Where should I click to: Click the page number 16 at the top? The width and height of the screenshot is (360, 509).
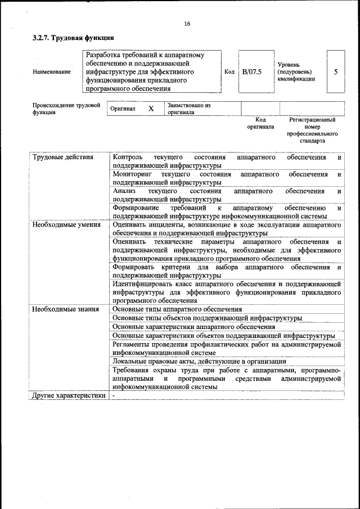pyautogui.click(x=187, y=24)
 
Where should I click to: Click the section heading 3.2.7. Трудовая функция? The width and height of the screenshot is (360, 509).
pyautogui.click(x=73, y=38)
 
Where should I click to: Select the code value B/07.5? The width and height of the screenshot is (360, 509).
pyautogui.click(x=252, y=72)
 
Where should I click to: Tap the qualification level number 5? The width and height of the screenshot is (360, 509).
pyautogui.click(x=336, y=72)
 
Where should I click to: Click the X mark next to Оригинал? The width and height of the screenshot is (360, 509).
pyautogui.click(x=151, y=109)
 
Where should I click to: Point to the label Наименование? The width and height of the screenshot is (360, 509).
pyautogui.click(x=51, y=72)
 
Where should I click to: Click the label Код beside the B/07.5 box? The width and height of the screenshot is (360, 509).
pyautogui.click(x=229, y=72)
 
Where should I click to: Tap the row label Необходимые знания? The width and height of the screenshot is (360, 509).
pyautogui.click(x=66, y=309)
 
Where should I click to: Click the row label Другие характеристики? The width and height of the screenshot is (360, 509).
pyautogui.click(x=69, y=395)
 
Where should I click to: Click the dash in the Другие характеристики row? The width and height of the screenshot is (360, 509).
pyautogui.click(x=113, y=395)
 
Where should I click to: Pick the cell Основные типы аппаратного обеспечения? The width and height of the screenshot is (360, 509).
pyautogui.click(x=177, y=309)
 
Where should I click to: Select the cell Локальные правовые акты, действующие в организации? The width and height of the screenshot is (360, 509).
pyautogui.click(x=199, y=361)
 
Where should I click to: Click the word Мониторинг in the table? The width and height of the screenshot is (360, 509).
pyautogui.click(x=132, y=174)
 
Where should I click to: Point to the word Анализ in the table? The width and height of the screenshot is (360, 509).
pyautogui.click(x=124, y=191)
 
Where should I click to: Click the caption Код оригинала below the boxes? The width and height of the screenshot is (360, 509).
pyautogui.click(x=260, y=123)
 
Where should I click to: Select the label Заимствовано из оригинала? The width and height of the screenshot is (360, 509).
pyautogui.click(x=188, y=109)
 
